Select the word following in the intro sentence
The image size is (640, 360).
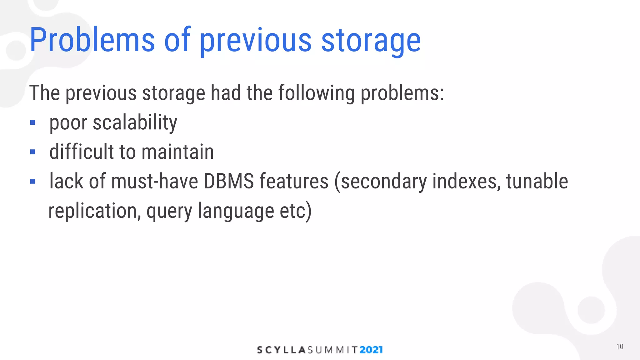coord(316,93)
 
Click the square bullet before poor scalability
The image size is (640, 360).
coord(32,122)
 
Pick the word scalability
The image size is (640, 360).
coord(135,122)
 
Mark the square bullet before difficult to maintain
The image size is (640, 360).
coord(32,152)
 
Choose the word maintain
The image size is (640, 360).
coord(177,152)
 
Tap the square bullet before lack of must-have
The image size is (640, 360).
coord(32,181)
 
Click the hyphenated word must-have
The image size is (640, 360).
coord(154,181)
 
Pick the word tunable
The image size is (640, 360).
coord(537,181)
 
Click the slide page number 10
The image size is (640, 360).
coord(619,347)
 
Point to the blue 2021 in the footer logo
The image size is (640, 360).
coord(371,350)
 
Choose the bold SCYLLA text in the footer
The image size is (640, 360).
coord(281,350)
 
